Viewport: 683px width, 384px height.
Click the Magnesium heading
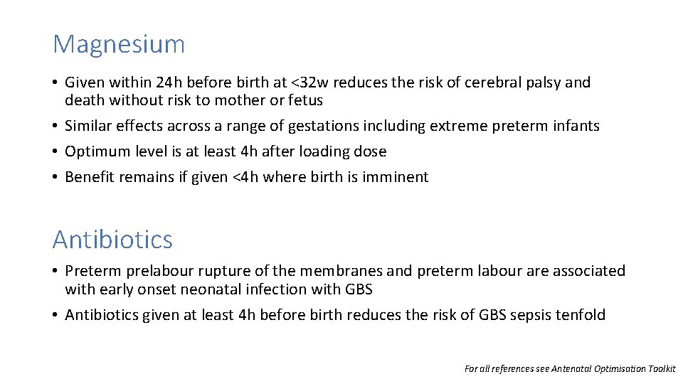pos(119,44)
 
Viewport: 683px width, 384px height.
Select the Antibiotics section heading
pos(112,240)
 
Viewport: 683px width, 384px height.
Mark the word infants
pos(576,126)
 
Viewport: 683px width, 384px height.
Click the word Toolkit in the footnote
pos(661,369)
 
